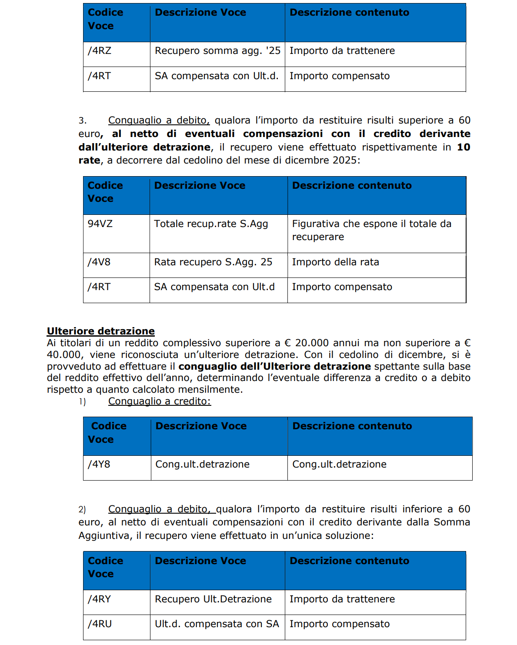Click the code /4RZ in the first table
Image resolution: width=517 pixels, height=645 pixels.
point(100,51)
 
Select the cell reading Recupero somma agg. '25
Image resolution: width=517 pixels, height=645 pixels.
point(217,51)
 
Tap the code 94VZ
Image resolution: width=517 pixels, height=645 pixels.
point(100,224)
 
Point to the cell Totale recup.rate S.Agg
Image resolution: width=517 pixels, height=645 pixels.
point(211,224)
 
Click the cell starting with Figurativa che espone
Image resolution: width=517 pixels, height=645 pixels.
point(372,230)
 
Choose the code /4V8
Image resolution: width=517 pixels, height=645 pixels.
point(99,262)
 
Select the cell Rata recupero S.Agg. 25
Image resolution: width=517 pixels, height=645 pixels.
point(213,262)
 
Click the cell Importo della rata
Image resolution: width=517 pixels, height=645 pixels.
point(335,262)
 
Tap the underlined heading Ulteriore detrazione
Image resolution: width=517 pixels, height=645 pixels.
point(101,331)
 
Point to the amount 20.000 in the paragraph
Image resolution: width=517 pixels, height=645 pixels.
point(312,343)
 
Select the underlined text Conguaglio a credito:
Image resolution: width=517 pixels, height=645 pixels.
point(159,401)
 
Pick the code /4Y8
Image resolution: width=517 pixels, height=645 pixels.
point(99,465)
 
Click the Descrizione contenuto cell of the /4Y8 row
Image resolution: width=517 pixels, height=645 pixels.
point(339,465)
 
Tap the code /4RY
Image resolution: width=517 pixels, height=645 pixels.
point(100,599)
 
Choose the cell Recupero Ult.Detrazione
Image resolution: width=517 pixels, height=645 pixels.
point(213,599)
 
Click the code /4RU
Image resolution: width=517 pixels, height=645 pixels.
point(100,624)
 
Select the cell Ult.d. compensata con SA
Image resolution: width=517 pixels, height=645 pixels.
point(217,624)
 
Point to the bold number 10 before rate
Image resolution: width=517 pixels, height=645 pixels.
point(464,147)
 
